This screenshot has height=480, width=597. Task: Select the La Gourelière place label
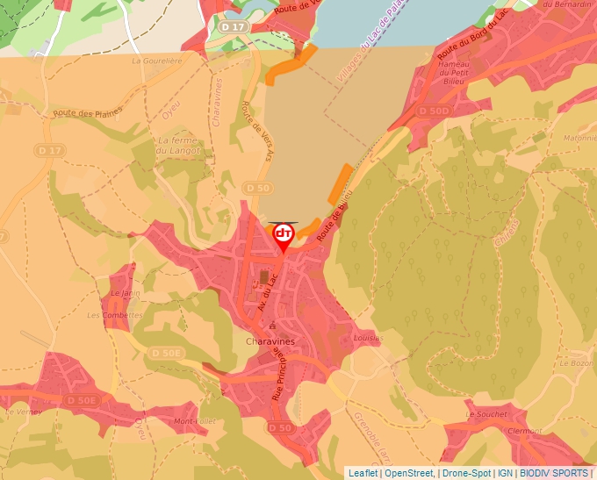click(x=155, y=61)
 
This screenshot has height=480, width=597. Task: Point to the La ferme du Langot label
click(x=179, y=145)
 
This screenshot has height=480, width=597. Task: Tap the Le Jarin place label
click(x=126, y=293)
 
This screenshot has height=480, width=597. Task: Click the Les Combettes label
click(x=114, y=314)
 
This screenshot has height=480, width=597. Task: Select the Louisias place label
click(x=369, y=337)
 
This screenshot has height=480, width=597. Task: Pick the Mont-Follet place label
click(x=195, y=421)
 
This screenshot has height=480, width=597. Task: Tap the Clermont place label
click(x=525, y=431)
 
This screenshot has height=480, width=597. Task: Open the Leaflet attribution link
click(x=363, y=473)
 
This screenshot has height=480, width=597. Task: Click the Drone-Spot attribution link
click(x=467, y=473)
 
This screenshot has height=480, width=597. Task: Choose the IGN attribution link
click(x=505, y=473)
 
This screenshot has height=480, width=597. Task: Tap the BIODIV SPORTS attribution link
click(x=553, y=473)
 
